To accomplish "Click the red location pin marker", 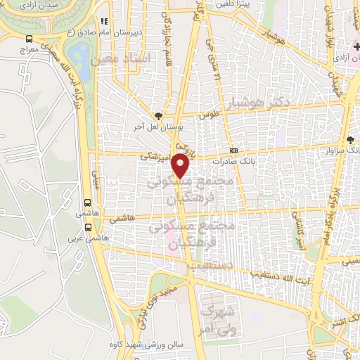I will click(x=182, y=167).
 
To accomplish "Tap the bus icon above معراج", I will click(x=28, y=39).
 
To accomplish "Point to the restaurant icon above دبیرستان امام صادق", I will click(x=104, y=22).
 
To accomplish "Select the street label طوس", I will click(x=210, y=115).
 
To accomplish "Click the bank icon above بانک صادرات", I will click(x=233, y=150).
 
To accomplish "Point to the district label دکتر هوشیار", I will click(x=283, y=102).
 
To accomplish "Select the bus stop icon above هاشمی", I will click(x=89, y=200).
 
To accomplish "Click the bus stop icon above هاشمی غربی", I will click(x=89, y=227).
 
